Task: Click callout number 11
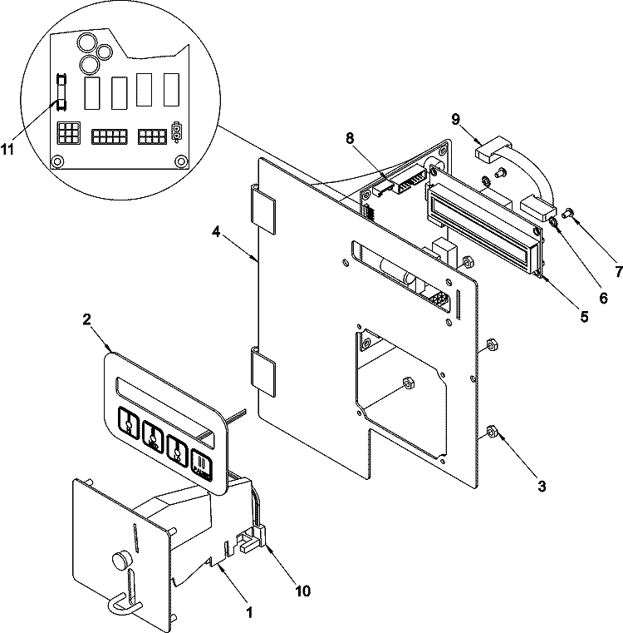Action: click(7, 149)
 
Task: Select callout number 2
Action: click(86, 319)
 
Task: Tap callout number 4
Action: click(217, 232)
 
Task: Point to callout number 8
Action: click(350, 138)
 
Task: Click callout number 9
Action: click(456, 120)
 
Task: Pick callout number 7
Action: click(619, 271)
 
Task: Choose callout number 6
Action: click(603, 298)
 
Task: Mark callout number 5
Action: click(584, 317)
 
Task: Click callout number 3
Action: click(542, 486)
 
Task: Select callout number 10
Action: click(303, 591)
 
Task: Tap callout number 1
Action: click(249, 612)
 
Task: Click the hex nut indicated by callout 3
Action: click(492, 432)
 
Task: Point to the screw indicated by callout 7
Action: click(569, 211)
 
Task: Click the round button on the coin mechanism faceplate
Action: click(120, 560)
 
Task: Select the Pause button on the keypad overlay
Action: click(202, 465)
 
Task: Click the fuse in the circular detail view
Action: click(61, 91)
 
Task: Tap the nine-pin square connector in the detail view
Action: click(69, 133)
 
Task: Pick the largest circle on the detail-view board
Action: click(87, 42)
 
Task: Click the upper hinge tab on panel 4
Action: click(263, 210)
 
